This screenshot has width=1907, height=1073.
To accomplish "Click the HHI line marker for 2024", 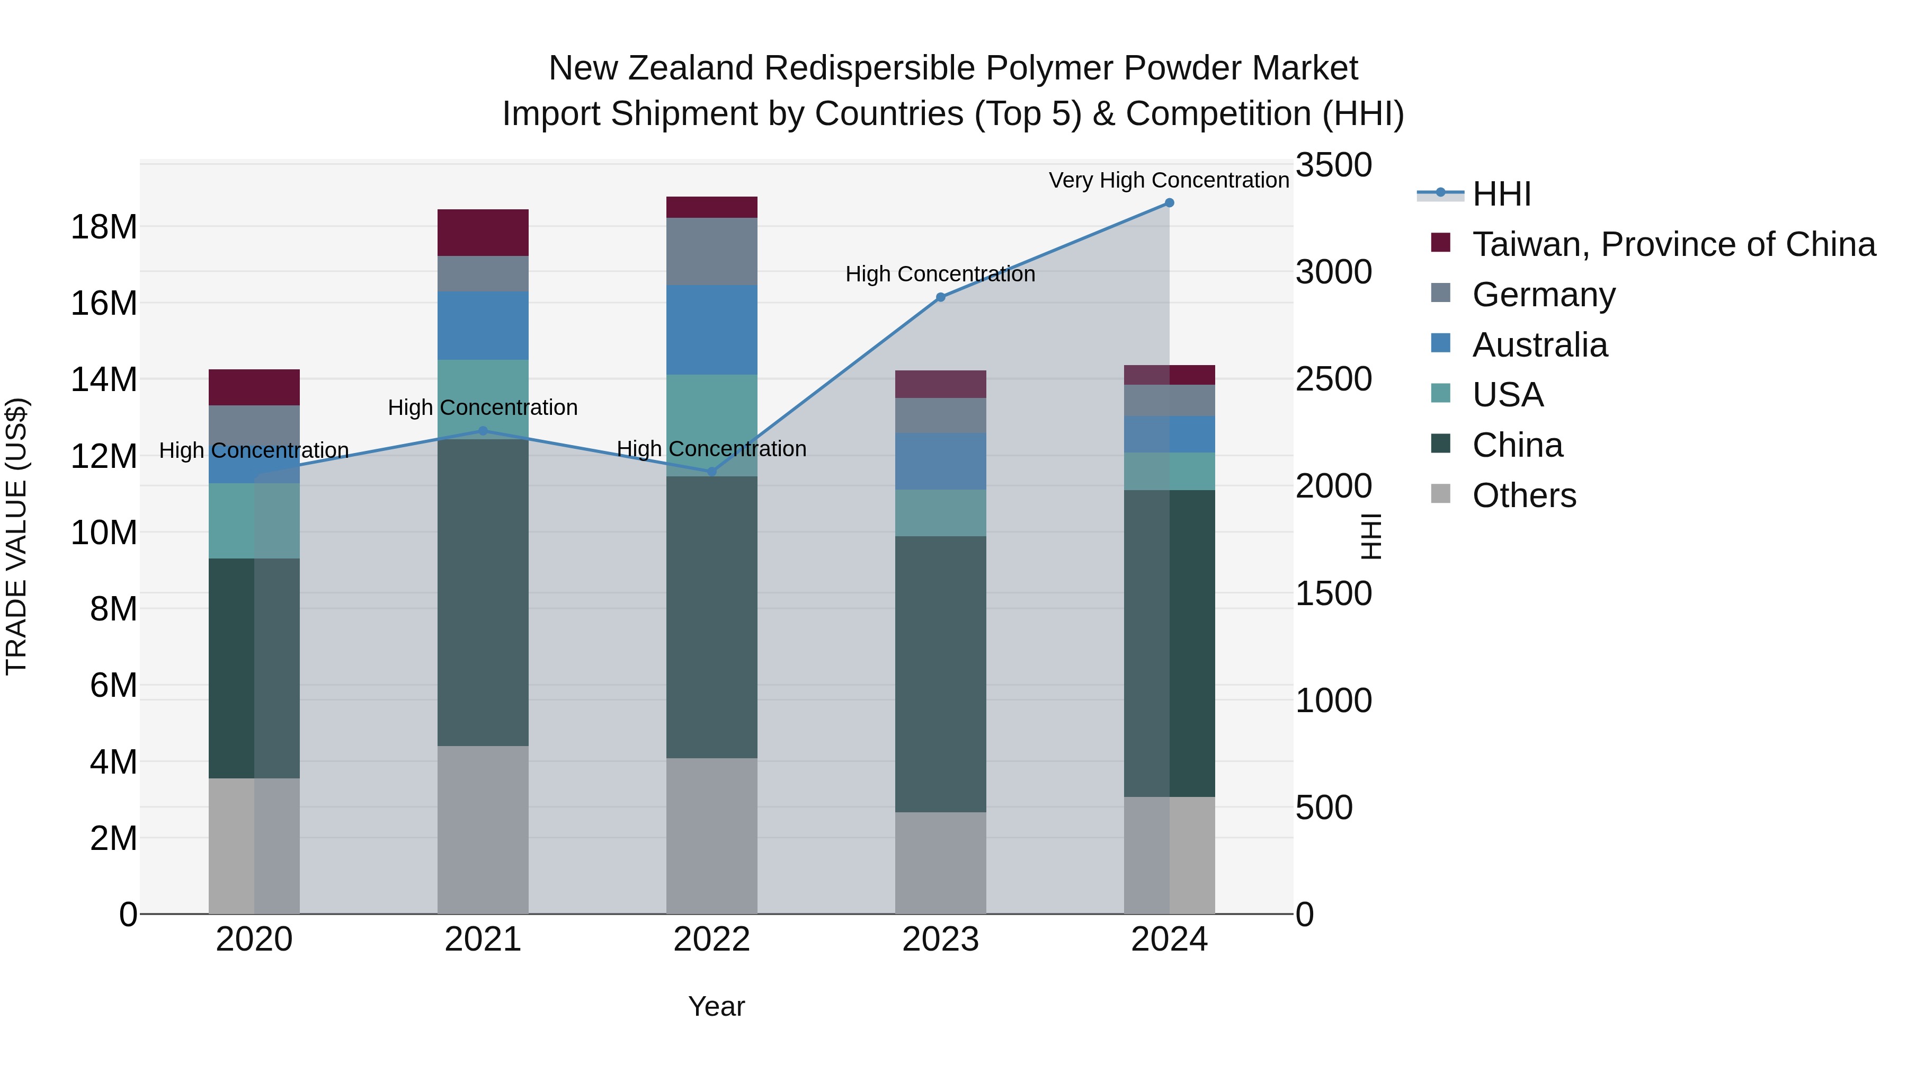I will click(x=1169, y=203).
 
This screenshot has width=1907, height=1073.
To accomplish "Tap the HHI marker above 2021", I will click(x=483, y=431).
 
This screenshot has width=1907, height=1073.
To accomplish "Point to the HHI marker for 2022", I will click(x=712, y=472).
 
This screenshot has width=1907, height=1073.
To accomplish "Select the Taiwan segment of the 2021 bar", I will click(x=483, y=233).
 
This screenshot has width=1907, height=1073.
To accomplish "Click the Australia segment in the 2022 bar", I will click(x=711, y=330).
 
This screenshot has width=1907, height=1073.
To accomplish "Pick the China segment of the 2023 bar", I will click(x=940, y=674).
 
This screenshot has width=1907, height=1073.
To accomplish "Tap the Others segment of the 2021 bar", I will click(x=483, y=829).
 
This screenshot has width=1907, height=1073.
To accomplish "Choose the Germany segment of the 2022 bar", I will click(x=711, y=251).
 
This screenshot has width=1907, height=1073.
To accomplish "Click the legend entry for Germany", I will click(x=1544, y=295).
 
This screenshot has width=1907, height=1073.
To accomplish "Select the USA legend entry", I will click(x=1507, y=395).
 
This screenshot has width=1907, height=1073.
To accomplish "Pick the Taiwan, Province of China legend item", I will click(x=1673, y=244).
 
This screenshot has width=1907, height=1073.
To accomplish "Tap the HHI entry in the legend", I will click(x=1501, y=194).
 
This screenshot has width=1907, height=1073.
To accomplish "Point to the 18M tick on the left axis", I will click(x=104, y=227).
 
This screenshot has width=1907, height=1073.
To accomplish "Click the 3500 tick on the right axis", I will click(x=1333, y=165).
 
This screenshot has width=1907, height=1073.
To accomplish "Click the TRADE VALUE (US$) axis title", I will click(x=16, y=536).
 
